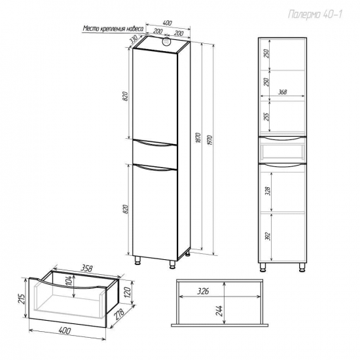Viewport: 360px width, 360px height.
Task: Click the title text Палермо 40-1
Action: pos(315,14)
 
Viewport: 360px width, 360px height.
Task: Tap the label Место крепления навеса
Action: pos(113,28)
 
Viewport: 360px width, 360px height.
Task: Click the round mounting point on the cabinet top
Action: pos(166,41)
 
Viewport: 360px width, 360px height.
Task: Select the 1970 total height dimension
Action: pos(210,140)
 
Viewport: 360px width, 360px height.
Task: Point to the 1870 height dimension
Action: pos(199,137)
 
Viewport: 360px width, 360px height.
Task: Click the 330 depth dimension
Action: pos(134,39)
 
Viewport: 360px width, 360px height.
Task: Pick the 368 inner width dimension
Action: pos(282,92)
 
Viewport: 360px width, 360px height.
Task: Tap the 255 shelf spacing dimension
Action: pos(266,117)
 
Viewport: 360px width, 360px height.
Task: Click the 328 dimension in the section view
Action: pos(268,190)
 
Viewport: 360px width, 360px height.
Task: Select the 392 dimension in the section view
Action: pos(268,236)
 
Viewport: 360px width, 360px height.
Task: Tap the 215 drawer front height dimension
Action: pos(22,298)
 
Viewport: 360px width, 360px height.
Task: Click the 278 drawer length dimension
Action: pos(119,315)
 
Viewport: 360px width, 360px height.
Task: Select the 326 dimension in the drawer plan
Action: pos(204,291)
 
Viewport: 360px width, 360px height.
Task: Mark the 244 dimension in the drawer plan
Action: pos(219,311)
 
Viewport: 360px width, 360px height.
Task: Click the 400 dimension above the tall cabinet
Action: pos(167,23)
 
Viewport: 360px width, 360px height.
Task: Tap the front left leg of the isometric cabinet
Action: pos(137,261)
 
